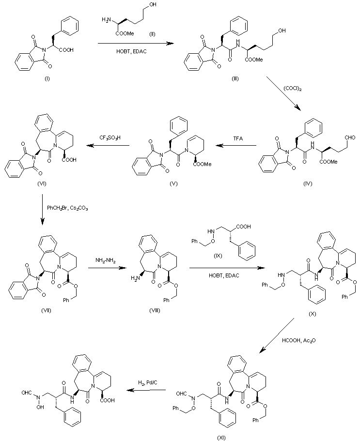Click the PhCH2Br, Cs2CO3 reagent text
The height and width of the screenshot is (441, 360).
(67, 209)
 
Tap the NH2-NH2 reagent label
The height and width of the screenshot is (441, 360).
(105, 260)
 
